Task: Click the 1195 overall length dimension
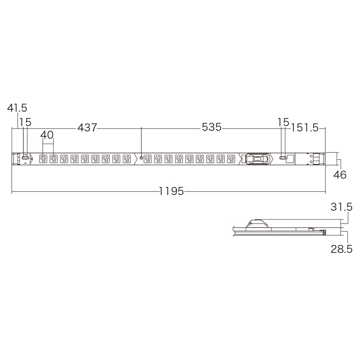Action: (x=171, y=191)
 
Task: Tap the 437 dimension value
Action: (x=87, y=127)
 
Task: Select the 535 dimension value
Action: (x=211, y=127)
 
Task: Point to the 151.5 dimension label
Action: (x=305, y=128)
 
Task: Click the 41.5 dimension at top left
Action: (x=17, y=108)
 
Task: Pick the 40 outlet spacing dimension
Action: (x=47, y=135)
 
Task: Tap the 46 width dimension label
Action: (x=340, y=175)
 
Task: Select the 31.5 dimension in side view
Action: (x=342, y=207)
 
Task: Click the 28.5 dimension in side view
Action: (x=342, y=249)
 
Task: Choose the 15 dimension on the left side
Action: (x=25, y=122)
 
